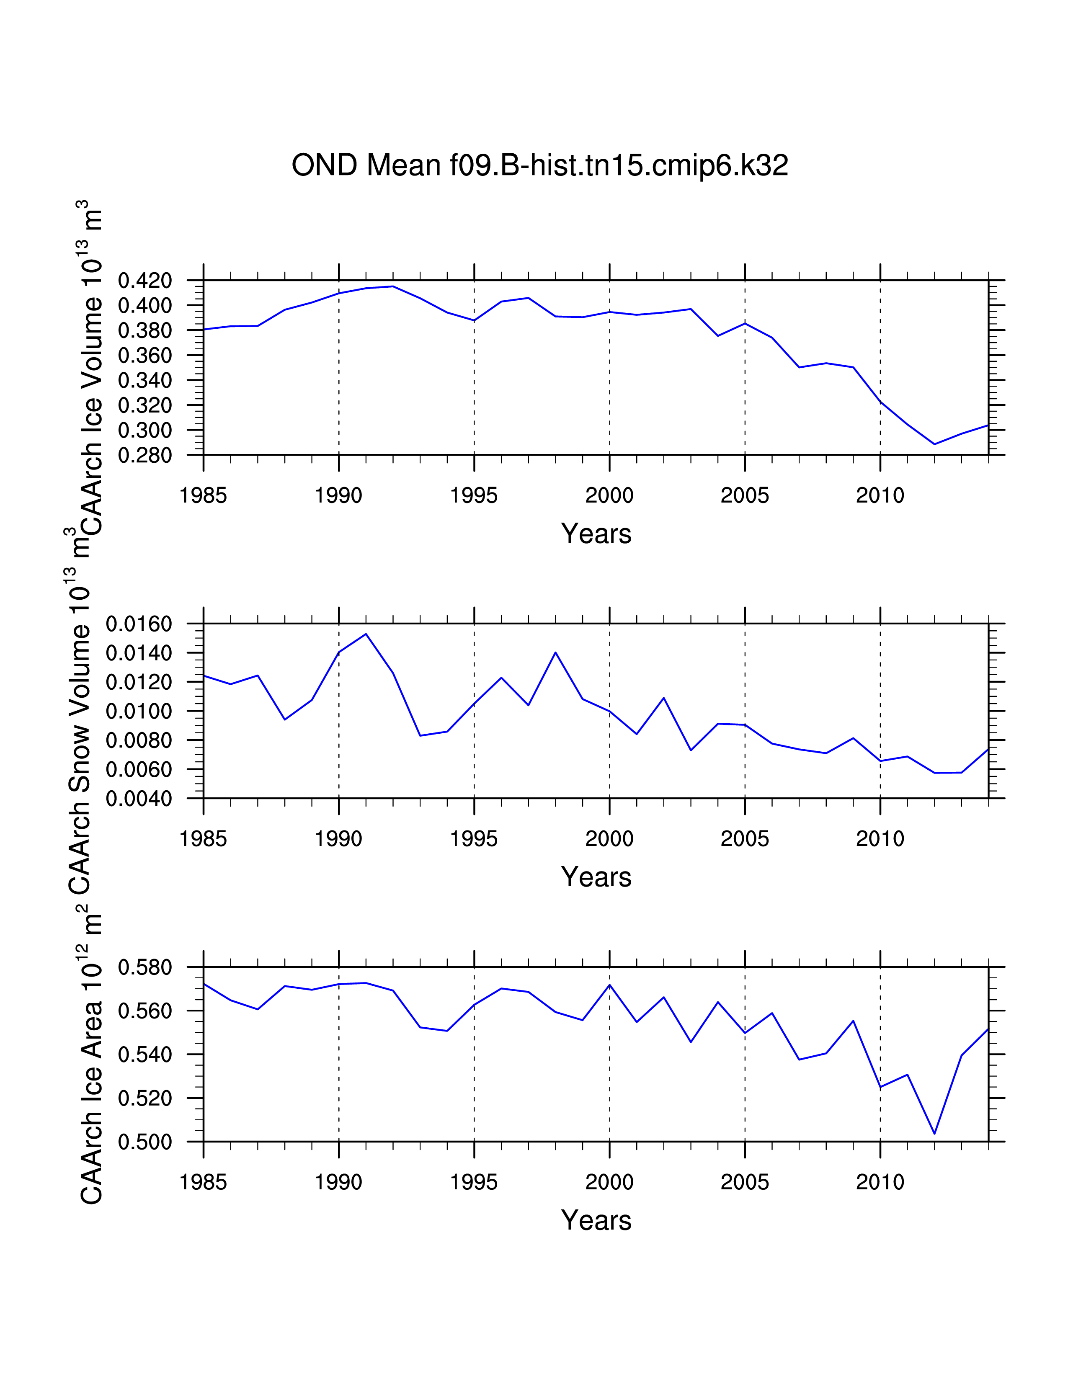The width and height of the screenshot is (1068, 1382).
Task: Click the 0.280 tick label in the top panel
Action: click(145, 456)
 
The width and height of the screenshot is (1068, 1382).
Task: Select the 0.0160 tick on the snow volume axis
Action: click(139, 624)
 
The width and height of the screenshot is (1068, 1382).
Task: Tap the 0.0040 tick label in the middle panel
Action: click(139, 799)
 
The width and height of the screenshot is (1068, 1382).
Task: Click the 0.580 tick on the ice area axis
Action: click(145, 967)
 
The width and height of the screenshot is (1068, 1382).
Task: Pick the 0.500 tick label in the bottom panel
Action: click(145, 1142)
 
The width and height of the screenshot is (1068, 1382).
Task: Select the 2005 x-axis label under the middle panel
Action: click(745, 839)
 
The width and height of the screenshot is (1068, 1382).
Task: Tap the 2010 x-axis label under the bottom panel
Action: click(880, 1182)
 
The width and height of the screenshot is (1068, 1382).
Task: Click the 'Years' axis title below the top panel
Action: click(596, 534)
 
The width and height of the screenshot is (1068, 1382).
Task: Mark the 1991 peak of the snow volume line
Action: click(366, 634)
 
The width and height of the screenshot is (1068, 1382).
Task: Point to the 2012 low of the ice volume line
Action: click(934, 444)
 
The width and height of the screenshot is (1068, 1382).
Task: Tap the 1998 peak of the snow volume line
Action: click(555, 652)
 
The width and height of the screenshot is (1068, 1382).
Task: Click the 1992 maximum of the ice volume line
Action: click(393, 286)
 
